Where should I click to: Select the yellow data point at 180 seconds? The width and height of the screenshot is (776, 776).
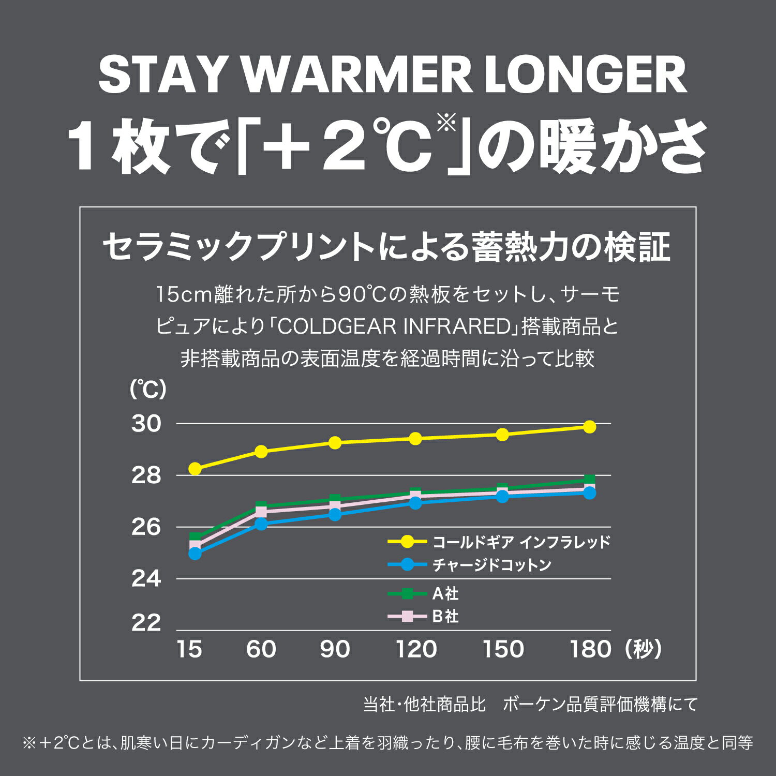589,427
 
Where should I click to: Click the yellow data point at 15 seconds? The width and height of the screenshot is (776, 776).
195,469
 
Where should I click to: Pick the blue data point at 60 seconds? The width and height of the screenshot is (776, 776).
261,524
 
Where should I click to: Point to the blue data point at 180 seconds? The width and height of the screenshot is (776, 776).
589,493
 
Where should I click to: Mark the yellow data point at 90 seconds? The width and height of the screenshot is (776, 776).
335,443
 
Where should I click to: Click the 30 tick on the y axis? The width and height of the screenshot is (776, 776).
146,424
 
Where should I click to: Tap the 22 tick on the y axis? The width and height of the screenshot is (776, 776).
146,623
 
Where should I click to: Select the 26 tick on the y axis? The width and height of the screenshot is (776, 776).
146,527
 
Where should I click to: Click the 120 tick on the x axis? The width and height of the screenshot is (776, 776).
416,649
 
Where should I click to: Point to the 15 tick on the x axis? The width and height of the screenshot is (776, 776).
189,649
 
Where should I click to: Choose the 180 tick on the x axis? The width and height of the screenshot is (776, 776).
590,649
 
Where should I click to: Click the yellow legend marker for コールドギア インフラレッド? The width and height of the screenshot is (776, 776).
408,542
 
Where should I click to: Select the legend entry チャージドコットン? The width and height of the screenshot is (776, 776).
491,564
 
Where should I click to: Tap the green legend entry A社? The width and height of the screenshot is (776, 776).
445,593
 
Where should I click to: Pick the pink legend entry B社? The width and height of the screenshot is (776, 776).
445,616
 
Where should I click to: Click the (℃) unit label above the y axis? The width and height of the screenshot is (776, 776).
148,390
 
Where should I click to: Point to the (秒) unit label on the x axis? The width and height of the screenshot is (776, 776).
643,649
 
